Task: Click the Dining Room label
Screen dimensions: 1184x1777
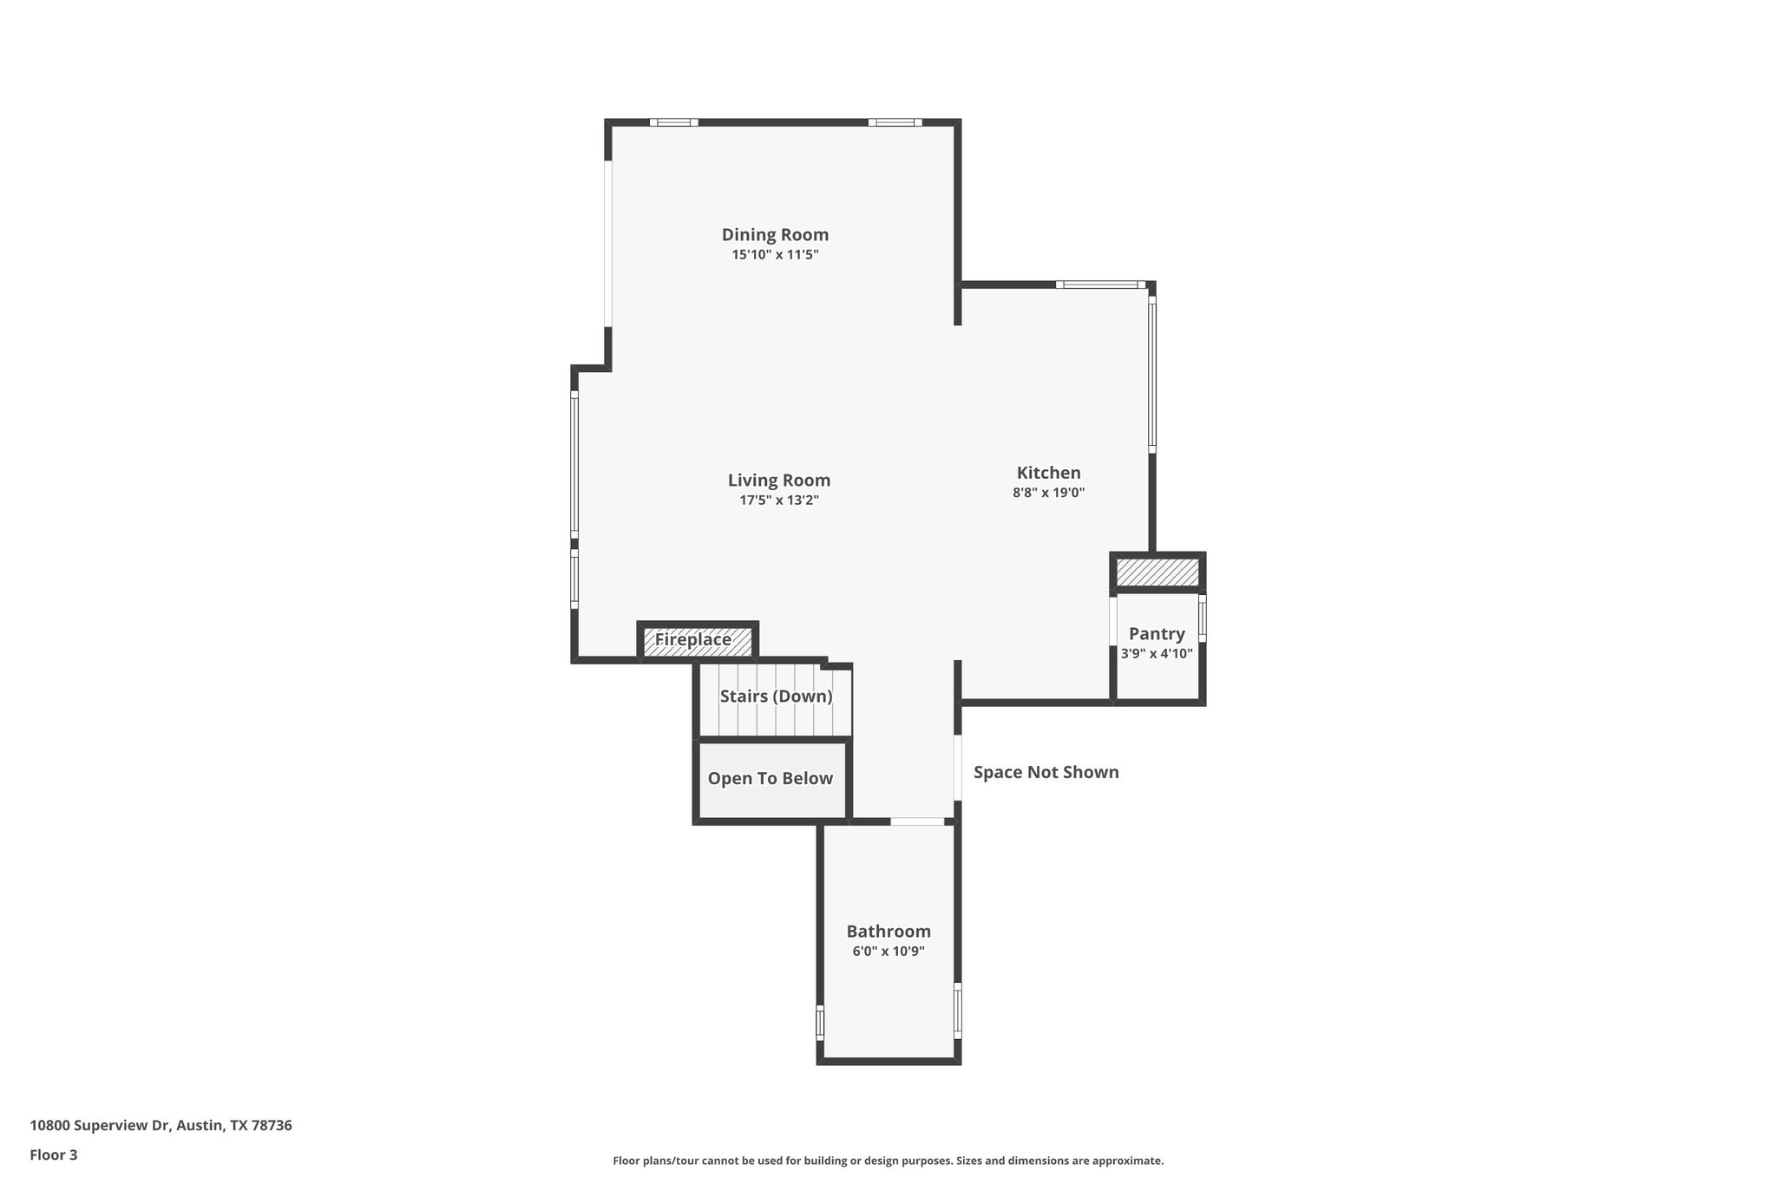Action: [x=775, y=234]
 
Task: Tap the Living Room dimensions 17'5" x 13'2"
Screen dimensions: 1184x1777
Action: [x=778, y=500]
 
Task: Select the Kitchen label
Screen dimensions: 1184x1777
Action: [x=1048, y=473]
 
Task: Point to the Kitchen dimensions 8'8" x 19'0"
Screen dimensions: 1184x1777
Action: [x=1048, y=493]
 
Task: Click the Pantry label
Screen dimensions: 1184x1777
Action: [x=1156, y=634]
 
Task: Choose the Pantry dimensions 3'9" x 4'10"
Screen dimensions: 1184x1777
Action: [x=1156, y=654]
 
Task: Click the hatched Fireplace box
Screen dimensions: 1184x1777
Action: [x=697, y=640]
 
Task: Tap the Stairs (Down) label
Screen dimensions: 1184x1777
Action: [x=776, y=697]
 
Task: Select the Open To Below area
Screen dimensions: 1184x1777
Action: [x=770, y=779]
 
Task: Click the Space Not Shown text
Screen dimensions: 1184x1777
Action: [x=1046, y=772]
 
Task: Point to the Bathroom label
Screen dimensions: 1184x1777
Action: [x=888, y=932]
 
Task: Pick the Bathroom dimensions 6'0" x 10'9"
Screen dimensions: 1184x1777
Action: [x=888, y=952]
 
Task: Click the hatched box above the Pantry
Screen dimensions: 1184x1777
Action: [x=1157, y=572]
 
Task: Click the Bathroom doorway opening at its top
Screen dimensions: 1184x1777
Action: [x=917, y=821]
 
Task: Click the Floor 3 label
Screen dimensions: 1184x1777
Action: [x=54, y=1155]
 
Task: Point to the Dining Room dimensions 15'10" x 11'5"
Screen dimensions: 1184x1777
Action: [x=775, y=255]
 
